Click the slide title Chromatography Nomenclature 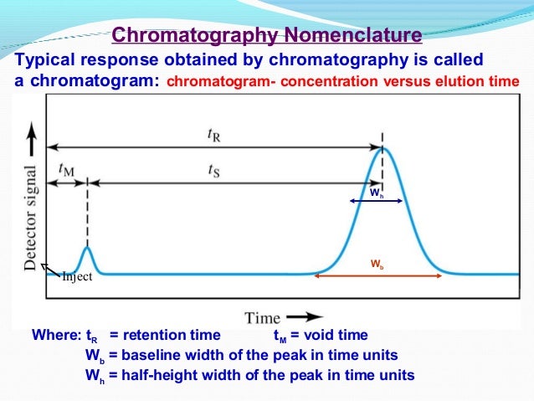[267, 36]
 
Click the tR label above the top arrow [215, 133]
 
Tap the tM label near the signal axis [65, 167]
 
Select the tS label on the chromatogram [215, 168]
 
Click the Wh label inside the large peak [377, 193]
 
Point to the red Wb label [377, 264]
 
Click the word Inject [77, 280]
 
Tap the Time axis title [263, 317]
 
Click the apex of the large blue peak [383, 148]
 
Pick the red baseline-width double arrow [379, 275]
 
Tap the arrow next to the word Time [302, 316]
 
